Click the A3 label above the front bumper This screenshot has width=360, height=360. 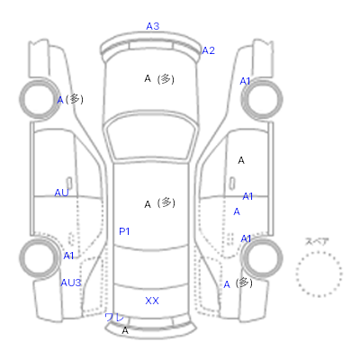pyautogui.click(x=153, y=26)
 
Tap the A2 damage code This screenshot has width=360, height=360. pyautogui.click(x=209, y=50)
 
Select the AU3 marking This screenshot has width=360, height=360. pyautogui.click(x=71, y=283)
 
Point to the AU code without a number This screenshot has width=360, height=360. pyautogui.click(x=61, y=193)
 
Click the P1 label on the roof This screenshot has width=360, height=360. pyautogui.click(x=124, y=231)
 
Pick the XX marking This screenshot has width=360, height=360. pyautogui.click(x=152, y=301)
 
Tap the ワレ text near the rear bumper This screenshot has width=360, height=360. pyautogui.click(x=114, y=318)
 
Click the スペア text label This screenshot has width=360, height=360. pyautogui.click(x=317, y=241)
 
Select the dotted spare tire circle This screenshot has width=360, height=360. pyautogui.click(x=319, y=252)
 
